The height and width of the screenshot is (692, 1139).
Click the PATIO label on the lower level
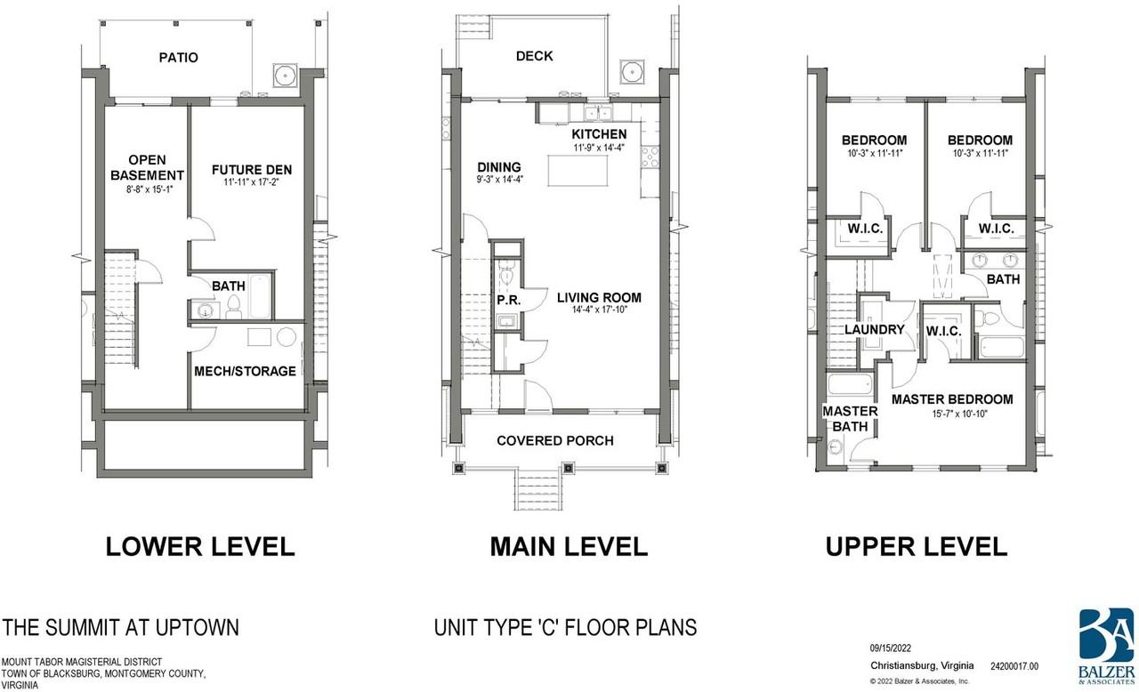(179, 58)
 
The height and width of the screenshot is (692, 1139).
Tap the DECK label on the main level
(535, 56)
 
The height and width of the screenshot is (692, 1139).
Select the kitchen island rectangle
(578, 171)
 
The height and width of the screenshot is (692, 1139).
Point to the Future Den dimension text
(252, 181)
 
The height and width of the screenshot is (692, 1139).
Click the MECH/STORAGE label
(245, 372)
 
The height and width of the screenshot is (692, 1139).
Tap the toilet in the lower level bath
(233, 306)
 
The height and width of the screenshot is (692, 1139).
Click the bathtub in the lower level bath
(259, 296)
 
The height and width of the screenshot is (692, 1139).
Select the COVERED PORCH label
(555, 440)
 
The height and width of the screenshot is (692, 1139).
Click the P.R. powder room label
(508, 301)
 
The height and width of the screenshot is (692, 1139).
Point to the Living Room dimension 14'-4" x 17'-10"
(599, 310)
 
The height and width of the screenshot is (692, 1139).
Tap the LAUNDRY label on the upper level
(875, 330)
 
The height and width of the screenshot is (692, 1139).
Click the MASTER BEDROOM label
(952, 399)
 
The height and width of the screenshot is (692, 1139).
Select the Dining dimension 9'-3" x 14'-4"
(500, 179)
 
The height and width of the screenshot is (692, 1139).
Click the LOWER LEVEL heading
(200, 547)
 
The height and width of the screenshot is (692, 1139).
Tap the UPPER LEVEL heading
(917, 547)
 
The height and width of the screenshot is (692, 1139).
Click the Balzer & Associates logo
(1106, 647)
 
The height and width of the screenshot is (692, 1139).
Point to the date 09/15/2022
(891, 648)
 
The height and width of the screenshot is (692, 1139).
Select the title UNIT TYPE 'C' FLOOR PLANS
(565, 627)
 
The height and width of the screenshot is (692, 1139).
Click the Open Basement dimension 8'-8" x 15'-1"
(150, 189)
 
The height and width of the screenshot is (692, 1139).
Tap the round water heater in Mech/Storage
(287, 337)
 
